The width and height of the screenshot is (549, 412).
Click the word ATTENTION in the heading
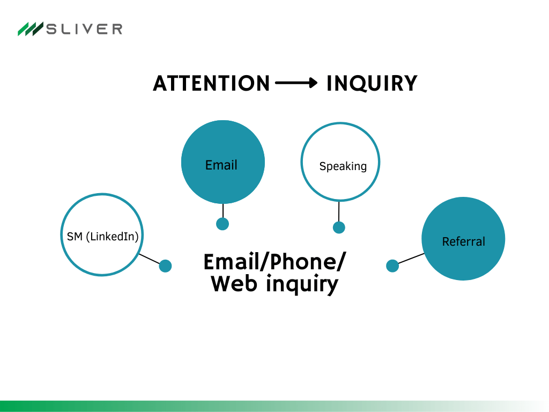[x=211, y=84]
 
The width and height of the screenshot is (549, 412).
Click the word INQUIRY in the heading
[x=372, y=84]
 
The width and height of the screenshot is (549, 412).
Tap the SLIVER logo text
[x=84, y=29]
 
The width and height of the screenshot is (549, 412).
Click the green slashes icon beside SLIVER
[x=30, y=29]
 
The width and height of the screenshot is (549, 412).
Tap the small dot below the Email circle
[x=222, y=224]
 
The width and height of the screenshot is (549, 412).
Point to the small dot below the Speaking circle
[x=339, y=227]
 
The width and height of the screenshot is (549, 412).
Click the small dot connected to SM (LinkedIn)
[x=165, y=266]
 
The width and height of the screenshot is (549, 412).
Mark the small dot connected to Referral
[x=392, y=266]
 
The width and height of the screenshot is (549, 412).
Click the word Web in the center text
[x=234, y=283]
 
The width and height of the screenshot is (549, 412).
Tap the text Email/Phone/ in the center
[x=274, y=262]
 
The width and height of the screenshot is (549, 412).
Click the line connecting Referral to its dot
[x=411, y=259]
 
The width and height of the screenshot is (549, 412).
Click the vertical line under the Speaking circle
[x=339, y=211]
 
